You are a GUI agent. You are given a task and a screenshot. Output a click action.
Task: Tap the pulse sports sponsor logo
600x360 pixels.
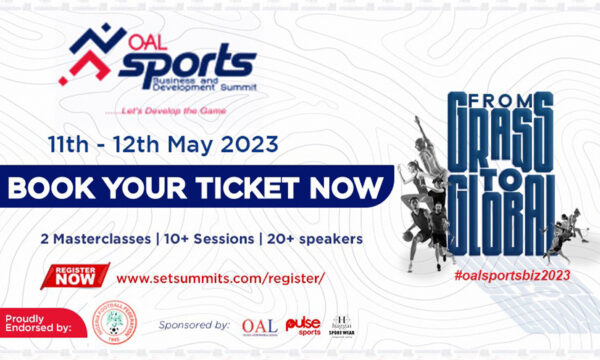[x=303, y=326]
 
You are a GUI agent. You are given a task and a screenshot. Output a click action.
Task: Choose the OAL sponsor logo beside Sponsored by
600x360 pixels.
[x=259, y=327]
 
